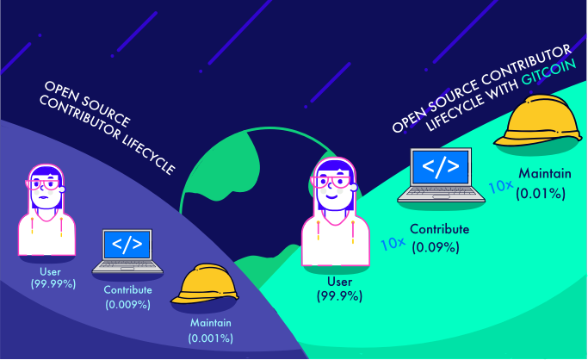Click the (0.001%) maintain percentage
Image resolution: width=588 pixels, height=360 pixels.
[211, 338]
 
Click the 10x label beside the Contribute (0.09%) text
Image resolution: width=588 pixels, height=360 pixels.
[393, 243]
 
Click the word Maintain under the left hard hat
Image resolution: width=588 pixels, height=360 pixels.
[211, 324]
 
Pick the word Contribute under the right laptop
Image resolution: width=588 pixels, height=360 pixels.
[439, 230]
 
